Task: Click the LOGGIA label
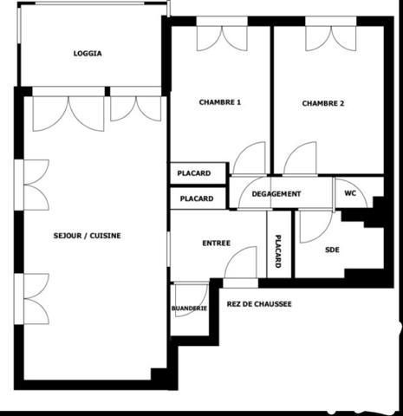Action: click(x=88, y=54)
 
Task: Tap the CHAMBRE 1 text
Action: click(x=220, y=102)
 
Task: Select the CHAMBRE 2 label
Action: click(x=323, y=103)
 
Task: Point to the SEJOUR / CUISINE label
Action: click(x=87, y=236)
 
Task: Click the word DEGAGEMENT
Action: click(x=276, y=194)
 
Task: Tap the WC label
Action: click(x=350, y=193)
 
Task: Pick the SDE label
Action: click(x=332, y=250)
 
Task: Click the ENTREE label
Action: click(x=217, y=244)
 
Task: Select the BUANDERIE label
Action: click(x=189, y=309)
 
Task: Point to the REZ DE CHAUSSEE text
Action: click(x=259, y=304)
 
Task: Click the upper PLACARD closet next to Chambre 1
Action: click(x=198, y=173)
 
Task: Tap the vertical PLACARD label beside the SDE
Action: click(x=278, y=251)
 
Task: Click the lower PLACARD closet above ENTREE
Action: click(x=198, y=198)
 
